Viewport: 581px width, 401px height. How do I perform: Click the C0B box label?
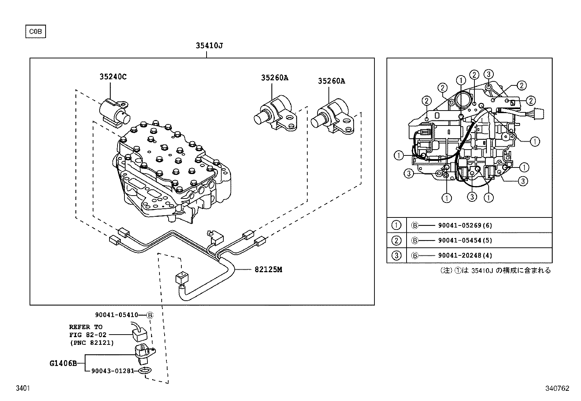(x=35, y=31)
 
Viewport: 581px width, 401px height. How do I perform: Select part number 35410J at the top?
(x=209, y=46)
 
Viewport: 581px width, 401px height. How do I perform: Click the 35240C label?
(x=113, y=77)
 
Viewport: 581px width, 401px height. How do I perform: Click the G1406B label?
(x=63, y=363)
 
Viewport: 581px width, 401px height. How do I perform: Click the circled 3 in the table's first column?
(x=396, y=255)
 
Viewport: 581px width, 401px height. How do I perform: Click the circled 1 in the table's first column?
(x=396, y=225)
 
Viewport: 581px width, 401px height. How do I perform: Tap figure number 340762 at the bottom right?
(x=557, y=389)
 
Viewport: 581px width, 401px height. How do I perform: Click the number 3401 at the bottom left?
(x=22, y=389)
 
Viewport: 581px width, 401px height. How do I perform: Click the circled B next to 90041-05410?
(x=150, y=315)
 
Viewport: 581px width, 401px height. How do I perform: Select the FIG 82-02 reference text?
(x=88, y=335)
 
